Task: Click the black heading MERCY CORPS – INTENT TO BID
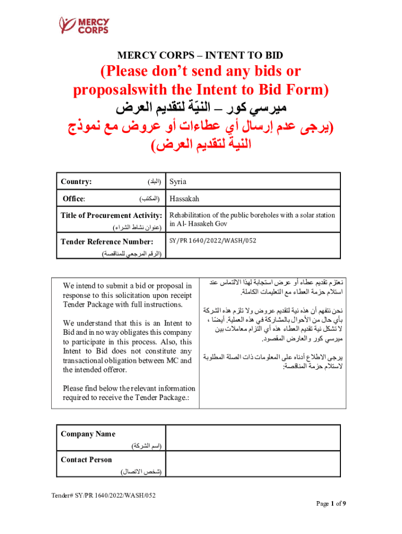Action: click(x=200, y=55)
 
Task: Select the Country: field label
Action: click(x=77, y=181)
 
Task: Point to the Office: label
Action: click(x=74, y=199)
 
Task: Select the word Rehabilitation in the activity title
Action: click(x=192, y=215)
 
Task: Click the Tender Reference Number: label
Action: click(x=107, y=241)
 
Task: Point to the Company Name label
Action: click(x=88, y=434)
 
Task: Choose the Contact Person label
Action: click(x=86, y=459)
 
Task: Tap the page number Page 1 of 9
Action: click(x=331, y=503)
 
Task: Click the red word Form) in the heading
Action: click(x=309, y=90)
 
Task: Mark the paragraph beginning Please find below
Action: click(x=128, y=393)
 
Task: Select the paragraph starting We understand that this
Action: click(x=127, y=346)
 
